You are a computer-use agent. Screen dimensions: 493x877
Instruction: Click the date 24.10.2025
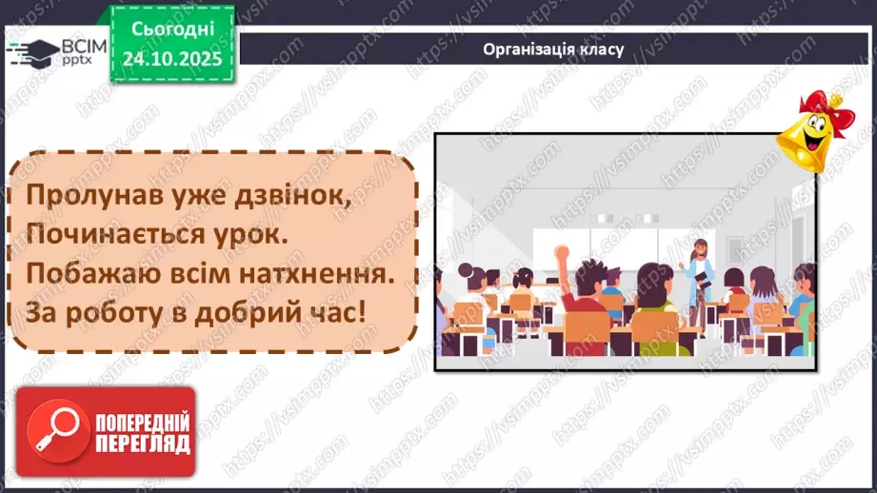[x=171, y=58]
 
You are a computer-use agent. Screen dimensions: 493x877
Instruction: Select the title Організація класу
[x=553, y=49]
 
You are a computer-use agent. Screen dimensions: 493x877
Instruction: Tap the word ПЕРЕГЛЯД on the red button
[x=142, y=443]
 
